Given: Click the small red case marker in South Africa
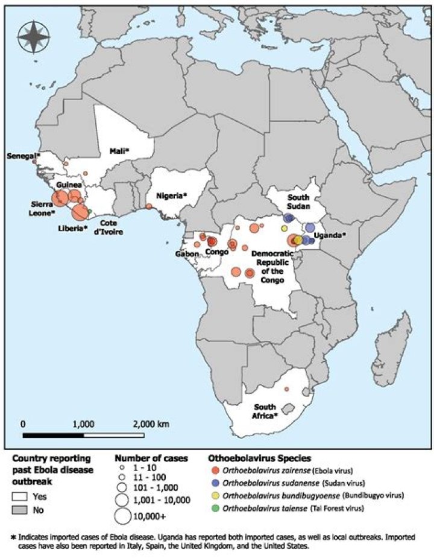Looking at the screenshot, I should pos(286,389).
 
